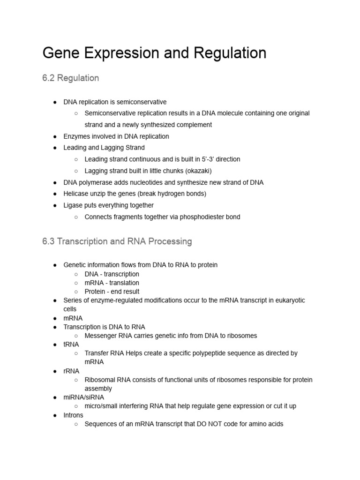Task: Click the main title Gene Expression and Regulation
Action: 154,53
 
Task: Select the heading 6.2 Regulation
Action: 70,78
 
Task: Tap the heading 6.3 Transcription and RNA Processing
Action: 117,241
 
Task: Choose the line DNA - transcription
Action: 112,274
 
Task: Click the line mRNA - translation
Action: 112,283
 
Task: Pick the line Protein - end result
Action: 112,292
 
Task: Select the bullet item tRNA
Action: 72,345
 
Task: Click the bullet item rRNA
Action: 72,371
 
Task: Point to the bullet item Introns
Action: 73,415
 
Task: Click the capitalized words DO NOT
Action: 199,424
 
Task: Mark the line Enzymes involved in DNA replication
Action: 116,136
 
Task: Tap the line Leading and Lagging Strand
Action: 104,148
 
